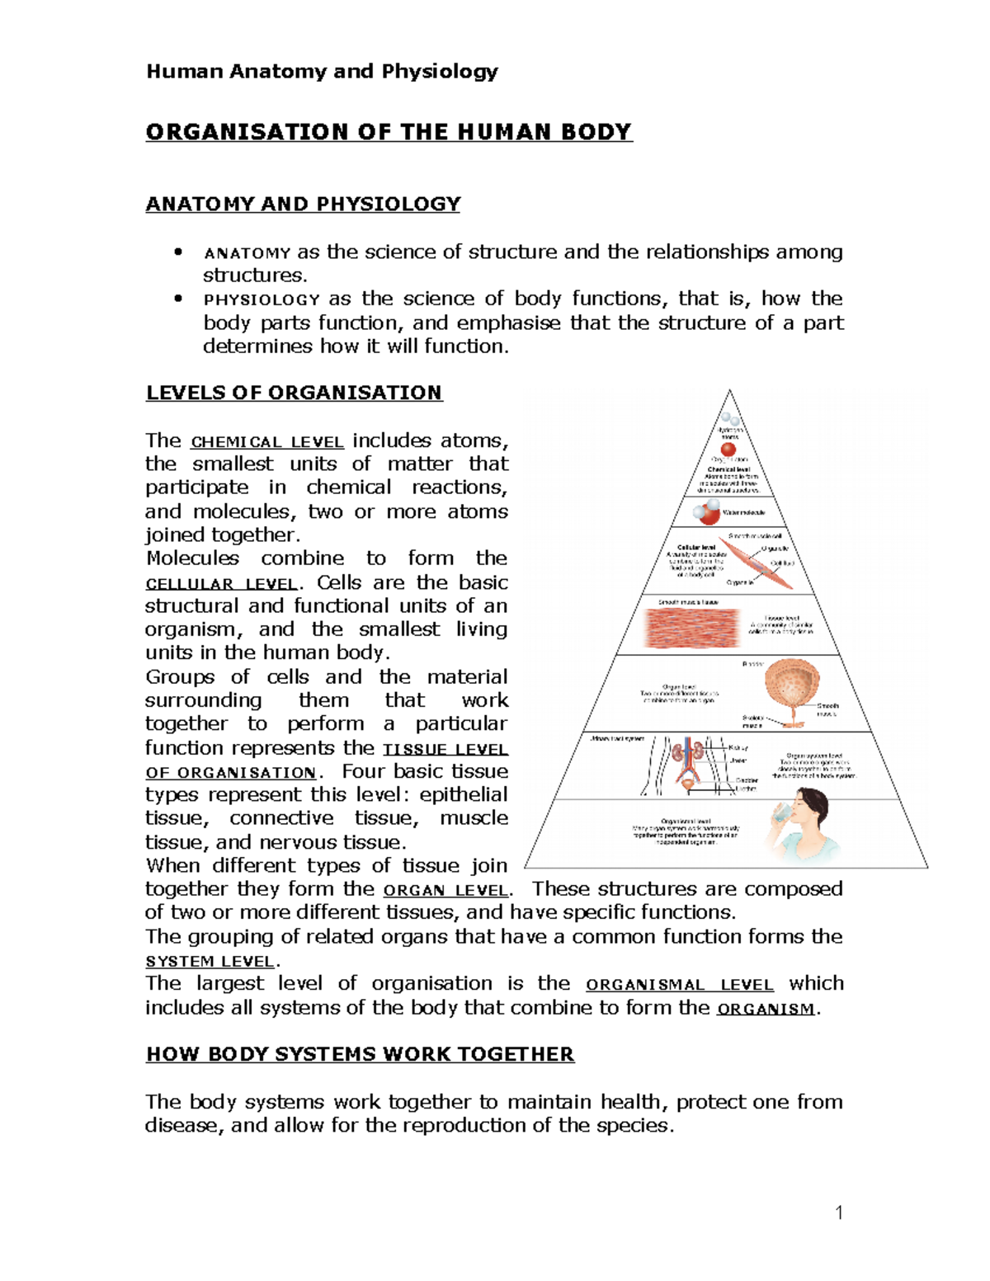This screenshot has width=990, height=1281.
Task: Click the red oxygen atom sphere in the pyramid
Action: [728, 450]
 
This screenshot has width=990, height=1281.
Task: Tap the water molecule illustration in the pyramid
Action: [707, 513]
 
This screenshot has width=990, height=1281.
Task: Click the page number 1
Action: [839, 1212]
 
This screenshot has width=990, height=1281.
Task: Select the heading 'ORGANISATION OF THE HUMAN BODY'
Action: [389, 132]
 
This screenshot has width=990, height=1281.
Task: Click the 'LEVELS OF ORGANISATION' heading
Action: [294, 393]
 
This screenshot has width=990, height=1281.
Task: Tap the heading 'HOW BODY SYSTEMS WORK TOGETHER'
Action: [360, 1054]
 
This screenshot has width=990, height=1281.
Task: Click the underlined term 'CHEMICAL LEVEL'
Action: [267, 442]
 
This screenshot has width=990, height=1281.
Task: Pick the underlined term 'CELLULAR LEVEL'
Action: [220, 584]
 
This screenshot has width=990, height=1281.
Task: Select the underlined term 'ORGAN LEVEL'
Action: [445, 891]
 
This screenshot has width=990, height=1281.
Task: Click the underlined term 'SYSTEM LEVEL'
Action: [210, 962]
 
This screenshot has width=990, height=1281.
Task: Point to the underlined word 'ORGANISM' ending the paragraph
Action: [766, 1009]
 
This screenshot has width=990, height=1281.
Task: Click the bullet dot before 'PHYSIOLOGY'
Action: [177, 299]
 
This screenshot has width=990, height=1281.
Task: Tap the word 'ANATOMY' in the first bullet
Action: [247, 253]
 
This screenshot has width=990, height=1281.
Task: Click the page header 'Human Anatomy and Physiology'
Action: [322, 71]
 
